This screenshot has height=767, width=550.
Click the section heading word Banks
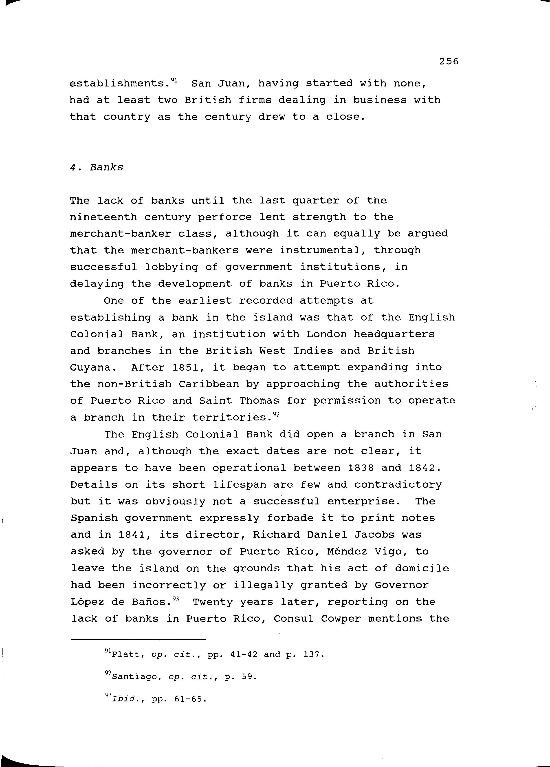pyautogui.click(x=106, y=167)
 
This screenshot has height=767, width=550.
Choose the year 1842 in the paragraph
pyautogui.click(x=421, y=468)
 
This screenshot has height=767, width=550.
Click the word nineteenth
pyautogui.click(x=103, y=217)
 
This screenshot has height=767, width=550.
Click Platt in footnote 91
pyautogui.click(x=125, y=655)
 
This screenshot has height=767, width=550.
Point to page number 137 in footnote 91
pyautogui.click(x=310, y=655)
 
